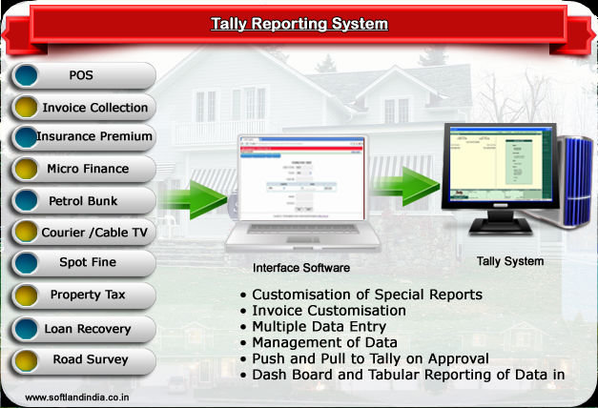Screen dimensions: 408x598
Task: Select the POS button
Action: click(x=83, y=76)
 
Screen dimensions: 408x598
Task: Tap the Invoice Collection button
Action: click(x=83, y=108)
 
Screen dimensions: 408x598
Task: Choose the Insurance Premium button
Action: click(x=83, y=137)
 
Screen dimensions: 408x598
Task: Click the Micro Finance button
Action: click(x=83, y=169)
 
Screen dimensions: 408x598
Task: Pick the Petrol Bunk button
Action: click(x=83, y=201)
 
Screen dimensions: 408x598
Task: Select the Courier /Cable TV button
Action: click(x=83, y=232)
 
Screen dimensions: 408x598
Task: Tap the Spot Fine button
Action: click(x=83, y=262)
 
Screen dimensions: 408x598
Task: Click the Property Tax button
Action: click(x=83, y=295)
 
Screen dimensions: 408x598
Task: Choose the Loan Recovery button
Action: click(x=83, y=329)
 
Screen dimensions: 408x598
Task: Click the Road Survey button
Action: click(x=83, y=360)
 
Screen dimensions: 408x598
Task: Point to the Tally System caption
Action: click(x=510, y=261)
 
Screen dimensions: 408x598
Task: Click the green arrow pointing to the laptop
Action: click(x=195, y=198)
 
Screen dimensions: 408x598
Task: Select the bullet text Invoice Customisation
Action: click(x=329, y=311)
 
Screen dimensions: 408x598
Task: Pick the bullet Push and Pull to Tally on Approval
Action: click(x=370, y=358)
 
